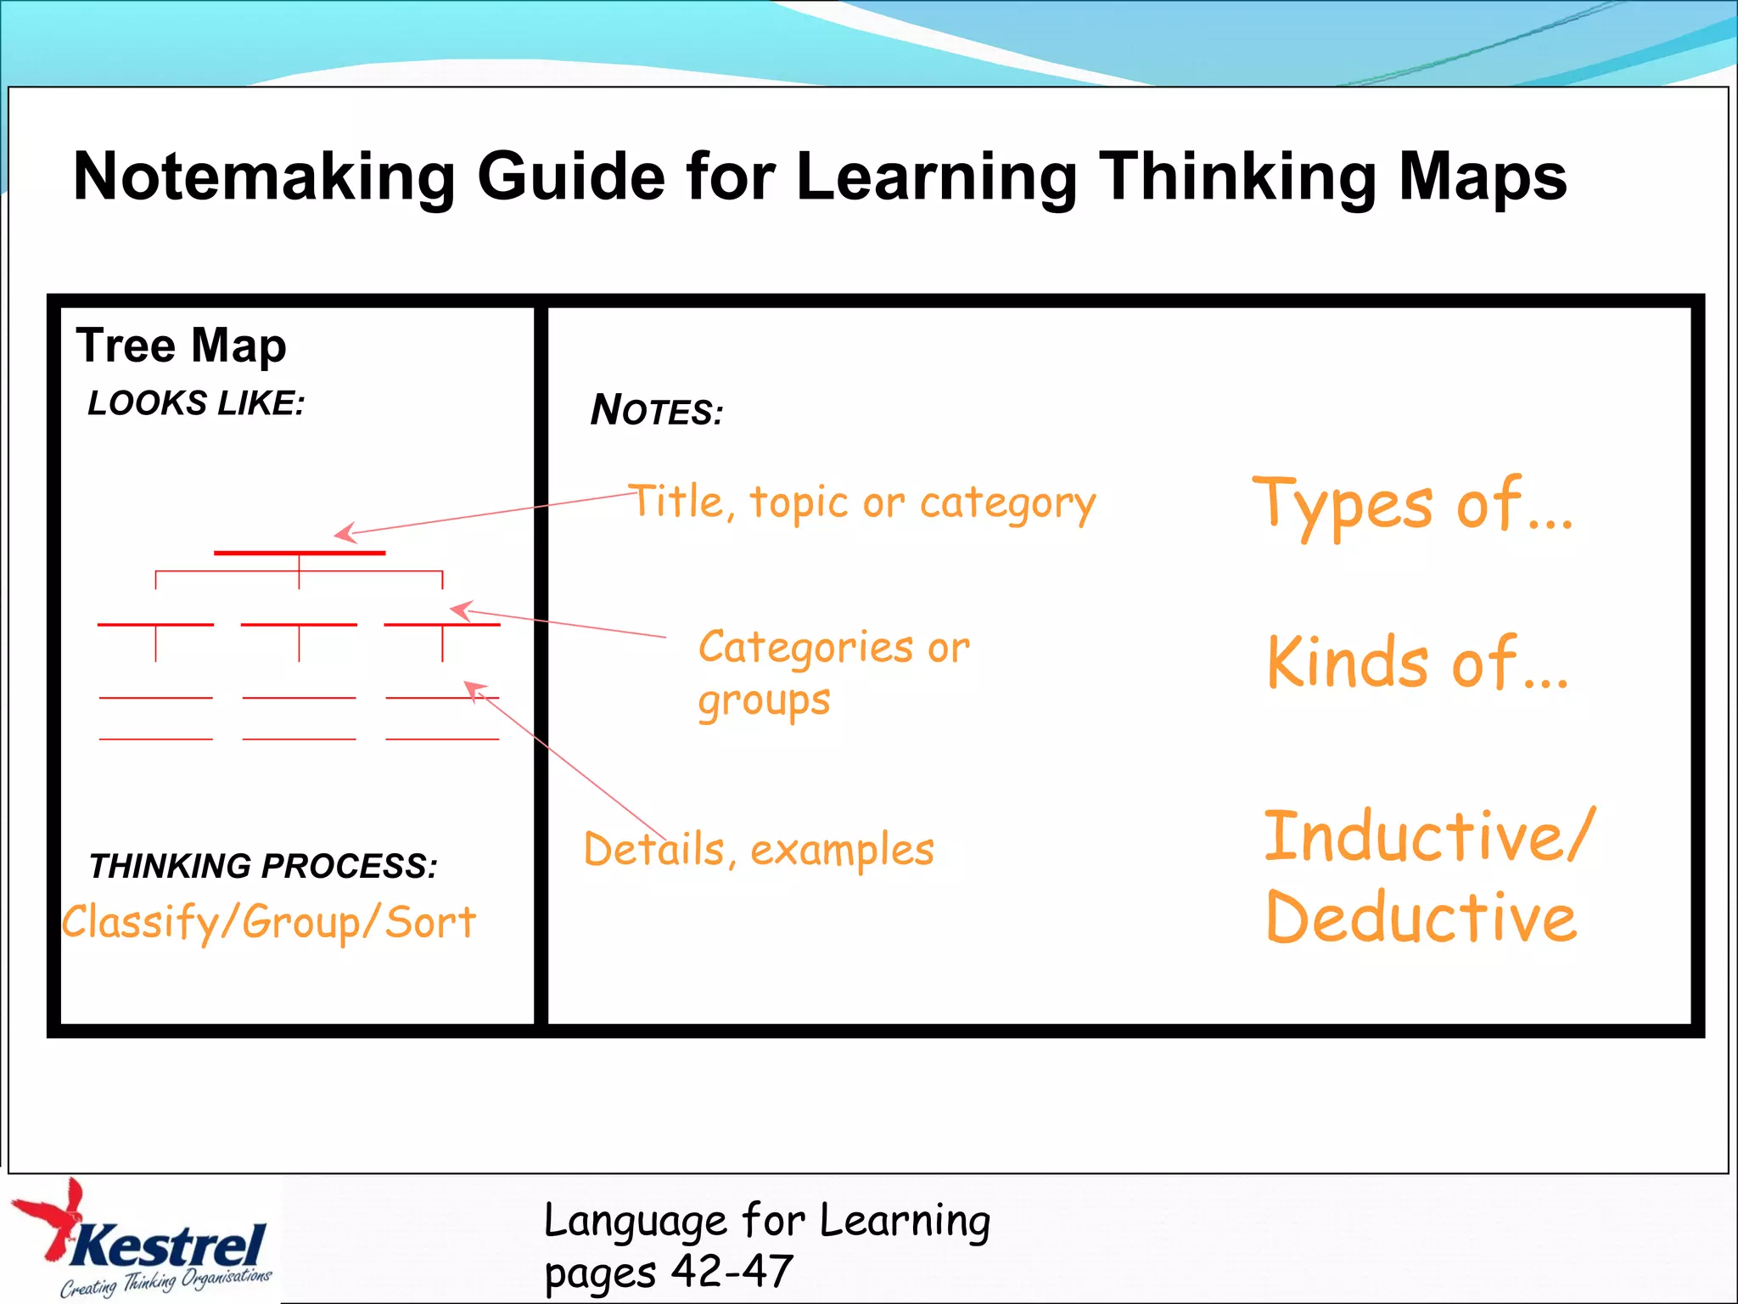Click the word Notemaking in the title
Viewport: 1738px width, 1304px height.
click(x=264, y=177)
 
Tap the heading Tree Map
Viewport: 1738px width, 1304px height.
click(x=181, y=346)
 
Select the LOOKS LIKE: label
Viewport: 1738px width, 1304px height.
click(x=196, y=403)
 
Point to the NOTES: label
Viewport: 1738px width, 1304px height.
click(x=656, y=411)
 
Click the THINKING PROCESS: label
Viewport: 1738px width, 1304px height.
click(x=263, y=866)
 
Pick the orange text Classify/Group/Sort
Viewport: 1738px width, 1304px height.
click(x=269, y=923)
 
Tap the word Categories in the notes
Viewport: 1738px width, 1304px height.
click(x=805, y=649)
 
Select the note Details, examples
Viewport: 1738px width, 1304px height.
click(x=759, y=850)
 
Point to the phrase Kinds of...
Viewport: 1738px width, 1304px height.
click(x=1416, y=662)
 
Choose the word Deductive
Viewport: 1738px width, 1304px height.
click(x=1421, y=918)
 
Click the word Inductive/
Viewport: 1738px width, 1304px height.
click(x=1429, y=836)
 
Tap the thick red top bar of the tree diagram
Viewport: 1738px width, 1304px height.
click(x=300, y=553)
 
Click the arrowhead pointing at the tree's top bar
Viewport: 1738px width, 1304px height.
click(x=343, y=533)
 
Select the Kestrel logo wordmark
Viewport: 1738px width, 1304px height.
click(x=170, y=1246)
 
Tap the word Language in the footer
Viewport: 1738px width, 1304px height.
click(x=635, y=1222)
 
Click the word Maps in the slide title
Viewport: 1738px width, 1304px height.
click(x=1482, y=177)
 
